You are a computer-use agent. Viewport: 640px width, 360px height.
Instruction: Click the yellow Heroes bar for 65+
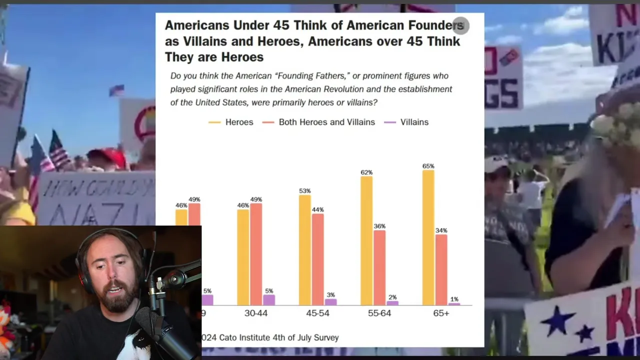click(x=428, y=237)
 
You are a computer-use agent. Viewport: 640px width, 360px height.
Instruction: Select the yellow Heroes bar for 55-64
click(x=366, y=240)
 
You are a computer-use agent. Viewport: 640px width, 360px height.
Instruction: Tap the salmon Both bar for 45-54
click(x=318, y=259)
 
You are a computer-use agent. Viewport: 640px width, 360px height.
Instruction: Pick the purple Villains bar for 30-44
click(x=269, y=299)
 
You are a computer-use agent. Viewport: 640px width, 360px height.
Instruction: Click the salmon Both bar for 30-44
click(x=256, y=254)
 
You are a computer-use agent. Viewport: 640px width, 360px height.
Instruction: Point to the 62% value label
click(x=366, y=172)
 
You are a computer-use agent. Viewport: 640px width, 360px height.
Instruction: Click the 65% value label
click(x=428, y=166)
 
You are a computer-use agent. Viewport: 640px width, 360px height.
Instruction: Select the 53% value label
click(x=304, y=191)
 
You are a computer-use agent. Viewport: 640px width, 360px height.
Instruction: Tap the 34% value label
click(x=441, y=230)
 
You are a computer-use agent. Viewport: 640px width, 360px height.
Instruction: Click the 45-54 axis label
click(x=318, y=313)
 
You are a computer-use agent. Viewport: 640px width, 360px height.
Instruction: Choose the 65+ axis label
click(x=441, y=313)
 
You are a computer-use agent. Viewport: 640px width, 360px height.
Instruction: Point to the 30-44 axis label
click(x=256, y=313)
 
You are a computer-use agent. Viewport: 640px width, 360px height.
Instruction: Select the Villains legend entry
click(x=414, y=122)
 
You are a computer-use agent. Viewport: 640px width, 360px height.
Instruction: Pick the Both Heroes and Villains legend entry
click(x=326, y=122)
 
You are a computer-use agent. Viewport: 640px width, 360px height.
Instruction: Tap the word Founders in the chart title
click(x=436, y=25)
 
